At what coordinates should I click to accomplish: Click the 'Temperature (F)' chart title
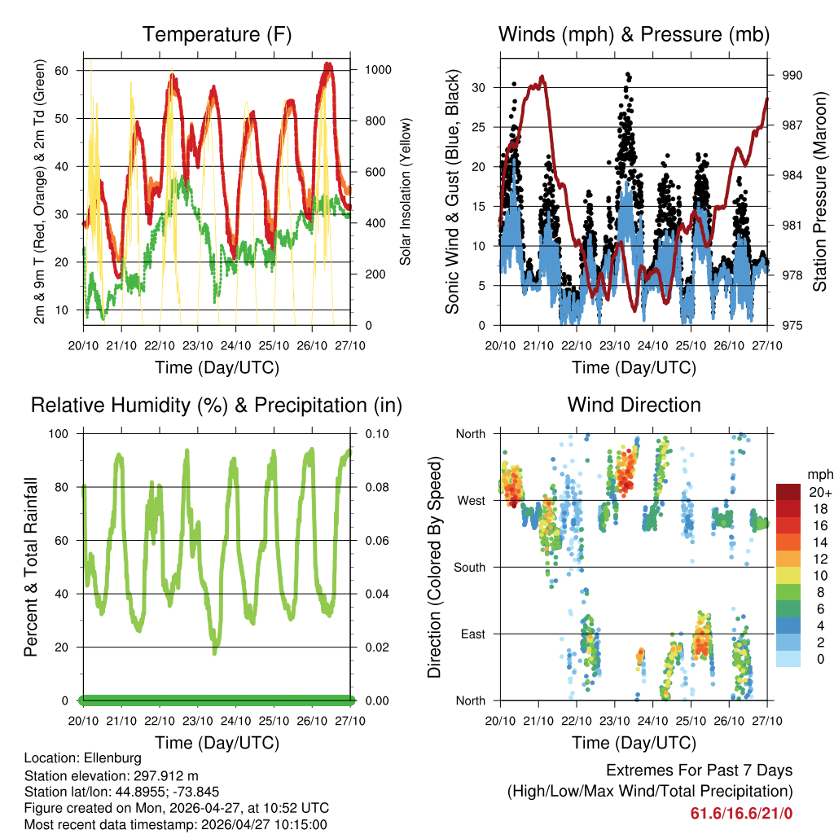217,34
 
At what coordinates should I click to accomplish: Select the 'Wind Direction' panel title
634,405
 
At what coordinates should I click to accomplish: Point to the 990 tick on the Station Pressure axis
792,75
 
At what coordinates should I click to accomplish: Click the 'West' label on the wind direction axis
471,500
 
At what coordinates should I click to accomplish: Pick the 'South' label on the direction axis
469,567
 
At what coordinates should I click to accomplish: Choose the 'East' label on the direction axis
472,634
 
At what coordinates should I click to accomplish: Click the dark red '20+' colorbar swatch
788,492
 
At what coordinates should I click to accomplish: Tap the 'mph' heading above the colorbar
818,474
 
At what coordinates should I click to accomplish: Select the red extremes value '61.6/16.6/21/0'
741,813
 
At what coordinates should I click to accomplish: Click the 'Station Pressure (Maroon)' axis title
820,191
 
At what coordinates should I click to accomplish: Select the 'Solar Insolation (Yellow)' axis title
405,191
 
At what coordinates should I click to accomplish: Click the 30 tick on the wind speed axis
479,87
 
